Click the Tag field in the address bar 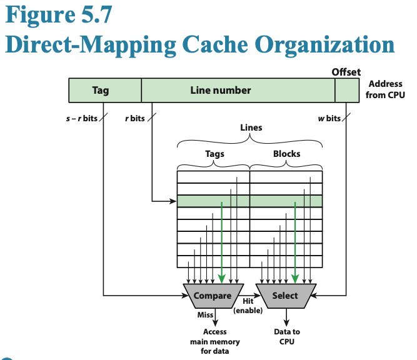click(100, 91)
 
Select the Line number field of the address click(220, 91)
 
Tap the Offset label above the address click(346, 72)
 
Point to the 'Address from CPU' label click(386, 89)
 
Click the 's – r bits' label click(81, 118)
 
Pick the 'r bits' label click(134, 118)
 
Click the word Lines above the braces click(251, 127)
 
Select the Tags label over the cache click(214, 154)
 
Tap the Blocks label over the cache click(286, 154)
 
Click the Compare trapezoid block click(213, 296)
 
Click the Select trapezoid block click(286, 296)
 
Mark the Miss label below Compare click(205, 314)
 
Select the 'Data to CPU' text click(287, 336)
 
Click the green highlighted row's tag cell click(213, 201)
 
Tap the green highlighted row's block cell click(286, 201)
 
